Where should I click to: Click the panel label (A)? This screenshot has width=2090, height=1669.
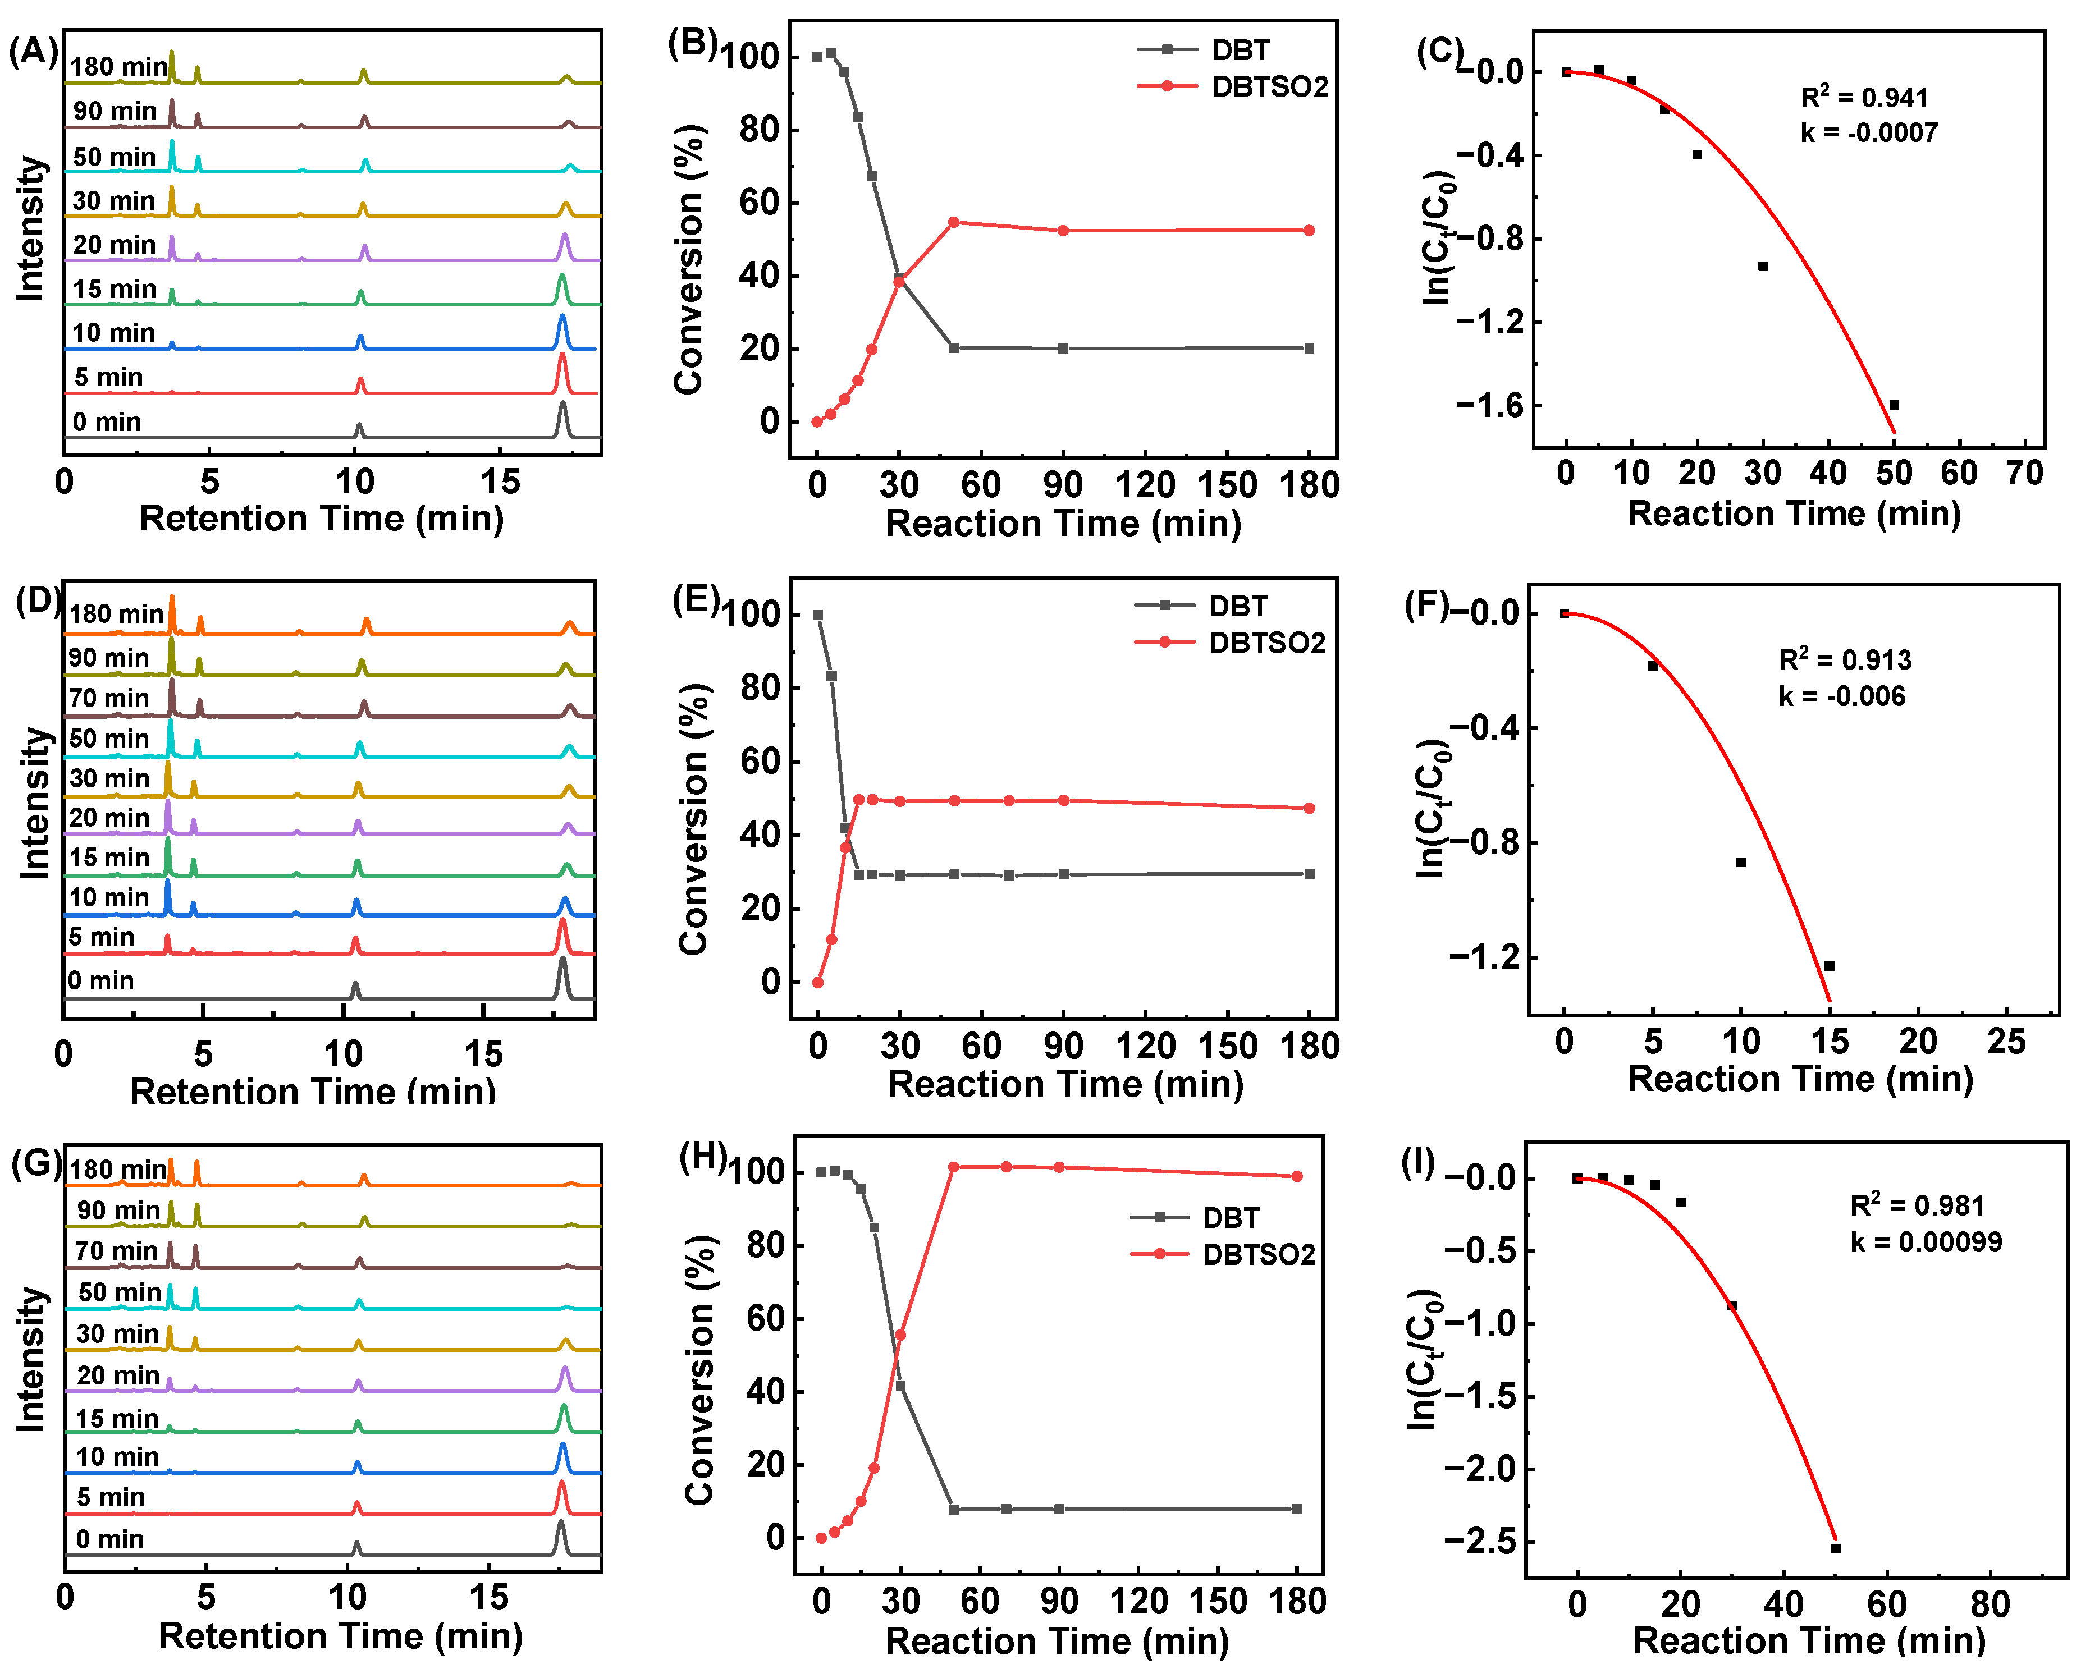pyautogui.click(x=33, y=51)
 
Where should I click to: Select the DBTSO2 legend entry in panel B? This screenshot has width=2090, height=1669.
pyautogui.click(x=1268, y=86)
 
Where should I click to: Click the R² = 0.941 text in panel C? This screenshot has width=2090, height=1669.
pyautogui.click(x=1863, y=97)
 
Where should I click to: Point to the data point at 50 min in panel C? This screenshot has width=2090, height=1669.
pyautogui.click(x=1893, y=404)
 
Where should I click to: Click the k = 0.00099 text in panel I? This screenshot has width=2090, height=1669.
pyautogui.click(x=1925, y=1241)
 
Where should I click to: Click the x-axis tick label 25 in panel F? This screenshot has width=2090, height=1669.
pyautogui.click(x=2006, y=1042)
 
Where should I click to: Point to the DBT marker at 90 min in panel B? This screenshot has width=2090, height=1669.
pyautogui.click(x=1063, y=348)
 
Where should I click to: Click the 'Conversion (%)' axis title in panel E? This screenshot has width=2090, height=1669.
pyautogui.click(x=694, y=819)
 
